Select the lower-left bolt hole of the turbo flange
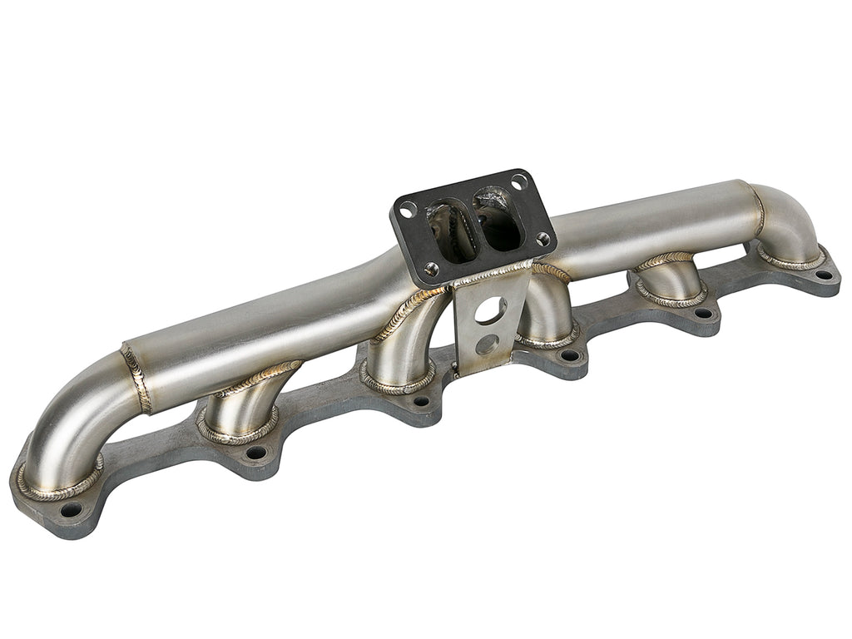click(431, 268)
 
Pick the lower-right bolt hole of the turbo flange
click(542, 240)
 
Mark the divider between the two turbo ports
click(473, 223)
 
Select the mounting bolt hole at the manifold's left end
click(71, 509)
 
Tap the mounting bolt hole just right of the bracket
click(570, 355)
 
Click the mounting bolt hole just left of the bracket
click(422, 401)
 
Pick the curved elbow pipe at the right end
click(790, 220)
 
